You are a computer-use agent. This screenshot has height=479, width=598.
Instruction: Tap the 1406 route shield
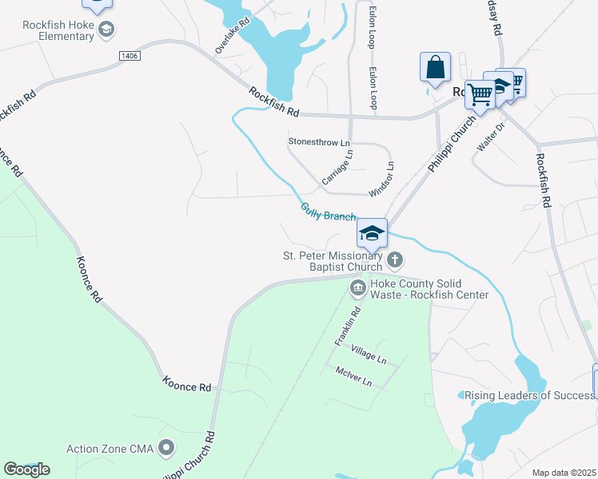pyautogui.click(x=130, y=56)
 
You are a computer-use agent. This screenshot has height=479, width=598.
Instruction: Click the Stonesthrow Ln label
pyautogui.click(x=319, y=142)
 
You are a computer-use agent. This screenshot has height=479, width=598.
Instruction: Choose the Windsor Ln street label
pyautogui.click(x=381, y=180)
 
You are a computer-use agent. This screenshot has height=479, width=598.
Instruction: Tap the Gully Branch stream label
pyautogui.click(x=328, y=212)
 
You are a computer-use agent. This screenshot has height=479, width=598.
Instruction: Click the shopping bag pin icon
pyautogui.click(x=435, y=67)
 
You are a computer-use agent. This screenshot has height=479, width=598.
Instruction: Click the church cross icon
pyautogui.click(x=395, y=259)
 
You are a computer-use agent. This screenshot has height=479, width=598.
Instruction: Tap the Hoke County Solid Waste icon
pyautogui.click(x=357, y=286)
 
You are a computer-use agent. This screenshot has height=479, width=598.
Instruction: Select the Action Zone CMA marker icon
pyautogui.click(x=166, y=446)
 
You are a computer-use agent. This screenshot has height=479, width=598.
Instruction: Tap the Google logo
pyautogui.click(x=26, y=469)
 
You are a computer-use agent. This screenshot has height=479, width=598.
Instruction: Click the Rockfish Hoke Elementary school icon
pyautogui.click(x=106, y=31)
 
